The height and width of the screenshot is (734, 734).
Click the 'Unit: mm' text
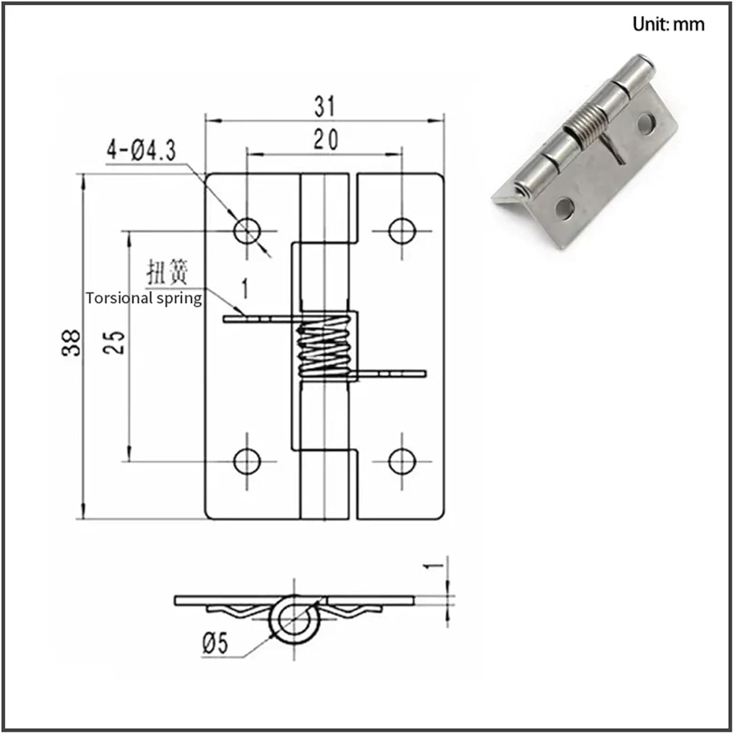click(668, 24)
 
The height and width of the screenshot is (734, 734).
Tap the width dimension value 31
click(325, 106)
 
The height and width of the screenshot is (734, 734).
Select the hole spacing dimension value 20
click(325, 140)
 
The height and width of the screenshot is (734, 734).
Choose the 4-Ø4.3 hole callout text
click(141, 150)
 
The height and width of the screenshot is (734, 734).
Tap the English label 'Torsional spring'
click(144, 298)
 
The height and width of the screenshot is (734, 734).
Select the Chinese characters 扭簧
click(167, 273)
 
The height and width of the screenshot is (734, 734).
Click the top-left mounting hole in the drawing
click(247, 230)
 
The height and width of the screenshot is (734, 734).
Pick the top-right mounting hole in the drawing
click(402, 230)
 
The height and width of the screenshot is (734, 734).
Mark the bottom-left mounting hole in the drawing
click(247, 460)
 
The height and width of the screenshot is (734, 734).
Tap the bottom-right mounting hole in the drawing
click(402, 460)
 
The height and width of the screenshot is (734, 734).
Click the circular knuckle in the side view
click(294, 619)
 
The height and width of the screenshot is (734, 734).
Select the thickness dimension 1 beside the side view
click(433, 565)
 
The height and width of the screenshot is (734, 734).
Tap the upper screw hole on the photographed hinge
click(647, 123)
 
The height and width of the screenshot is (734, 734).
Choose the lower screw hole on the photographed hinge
click(565, 207)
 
